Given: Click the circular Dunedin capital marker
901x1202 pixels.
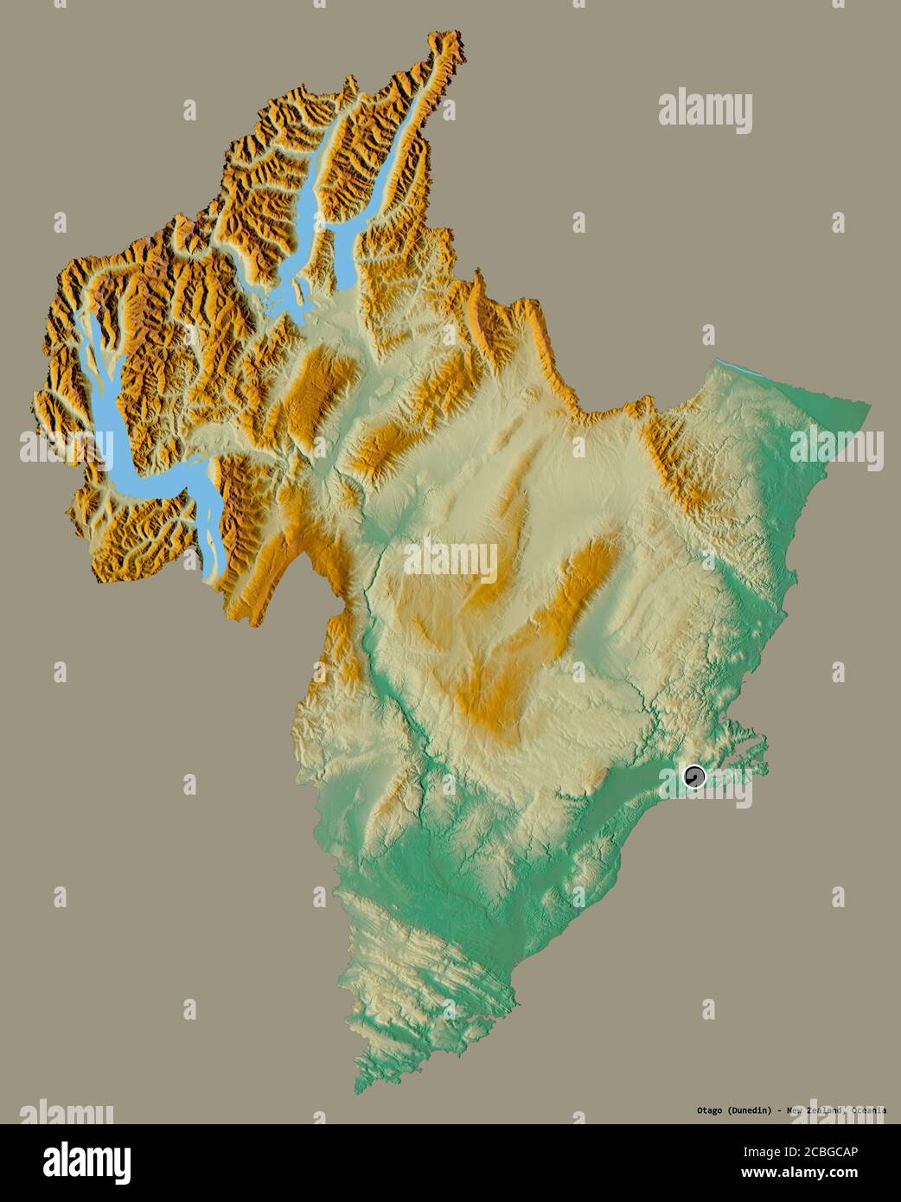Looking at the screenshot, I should click(693, 777).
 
